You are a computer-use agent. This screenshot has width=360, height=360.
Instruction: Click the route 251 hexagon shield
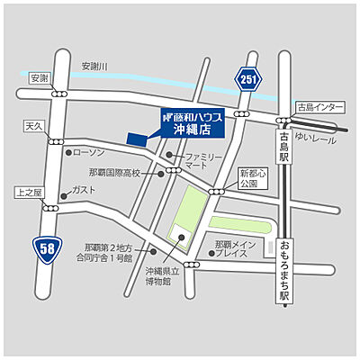pyautogui.click(x=249, y=80)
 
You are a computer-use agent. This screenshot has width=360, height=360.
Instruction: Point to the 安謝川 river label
pyautogui.click(x=94, y=66)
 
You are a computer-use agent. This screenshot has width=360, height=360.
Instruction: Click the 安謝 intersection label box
pyautogui.click(x=40, y=77)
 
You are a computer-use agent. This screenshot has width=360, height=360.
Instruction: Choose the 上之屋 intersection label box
pyautogui.click(x=29, y=192)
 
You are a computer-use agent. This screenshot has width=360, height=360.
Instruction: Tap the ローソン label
pyautogui.click(x=89, y=152)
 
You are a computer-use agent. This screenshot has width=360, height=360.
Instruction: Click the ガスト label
pyautogui.click(x=84, y=190)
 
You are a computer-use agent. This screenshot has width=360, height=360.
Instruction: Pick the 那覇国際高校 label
pyautogui.click(x=114, y=173)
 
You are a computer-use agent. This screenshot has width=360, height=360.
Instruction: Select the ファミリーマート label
pyautogui.click(x=203, y=163)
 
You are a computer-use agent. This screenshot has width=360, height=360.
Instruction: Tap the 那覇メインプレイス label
pyautogui.click(x=238, y=248)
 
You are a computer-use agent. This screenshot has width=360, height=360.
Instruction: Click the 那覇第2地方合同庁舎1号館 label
pyautogui.click(x=108, y=252)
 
